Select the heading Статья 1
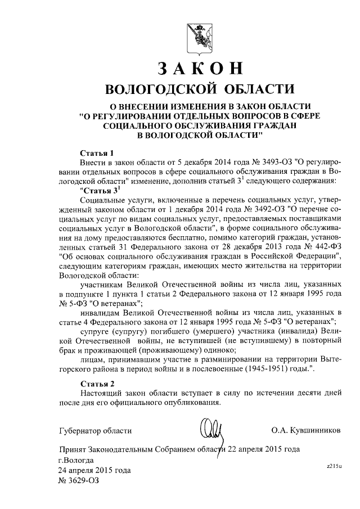(97, 152)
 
